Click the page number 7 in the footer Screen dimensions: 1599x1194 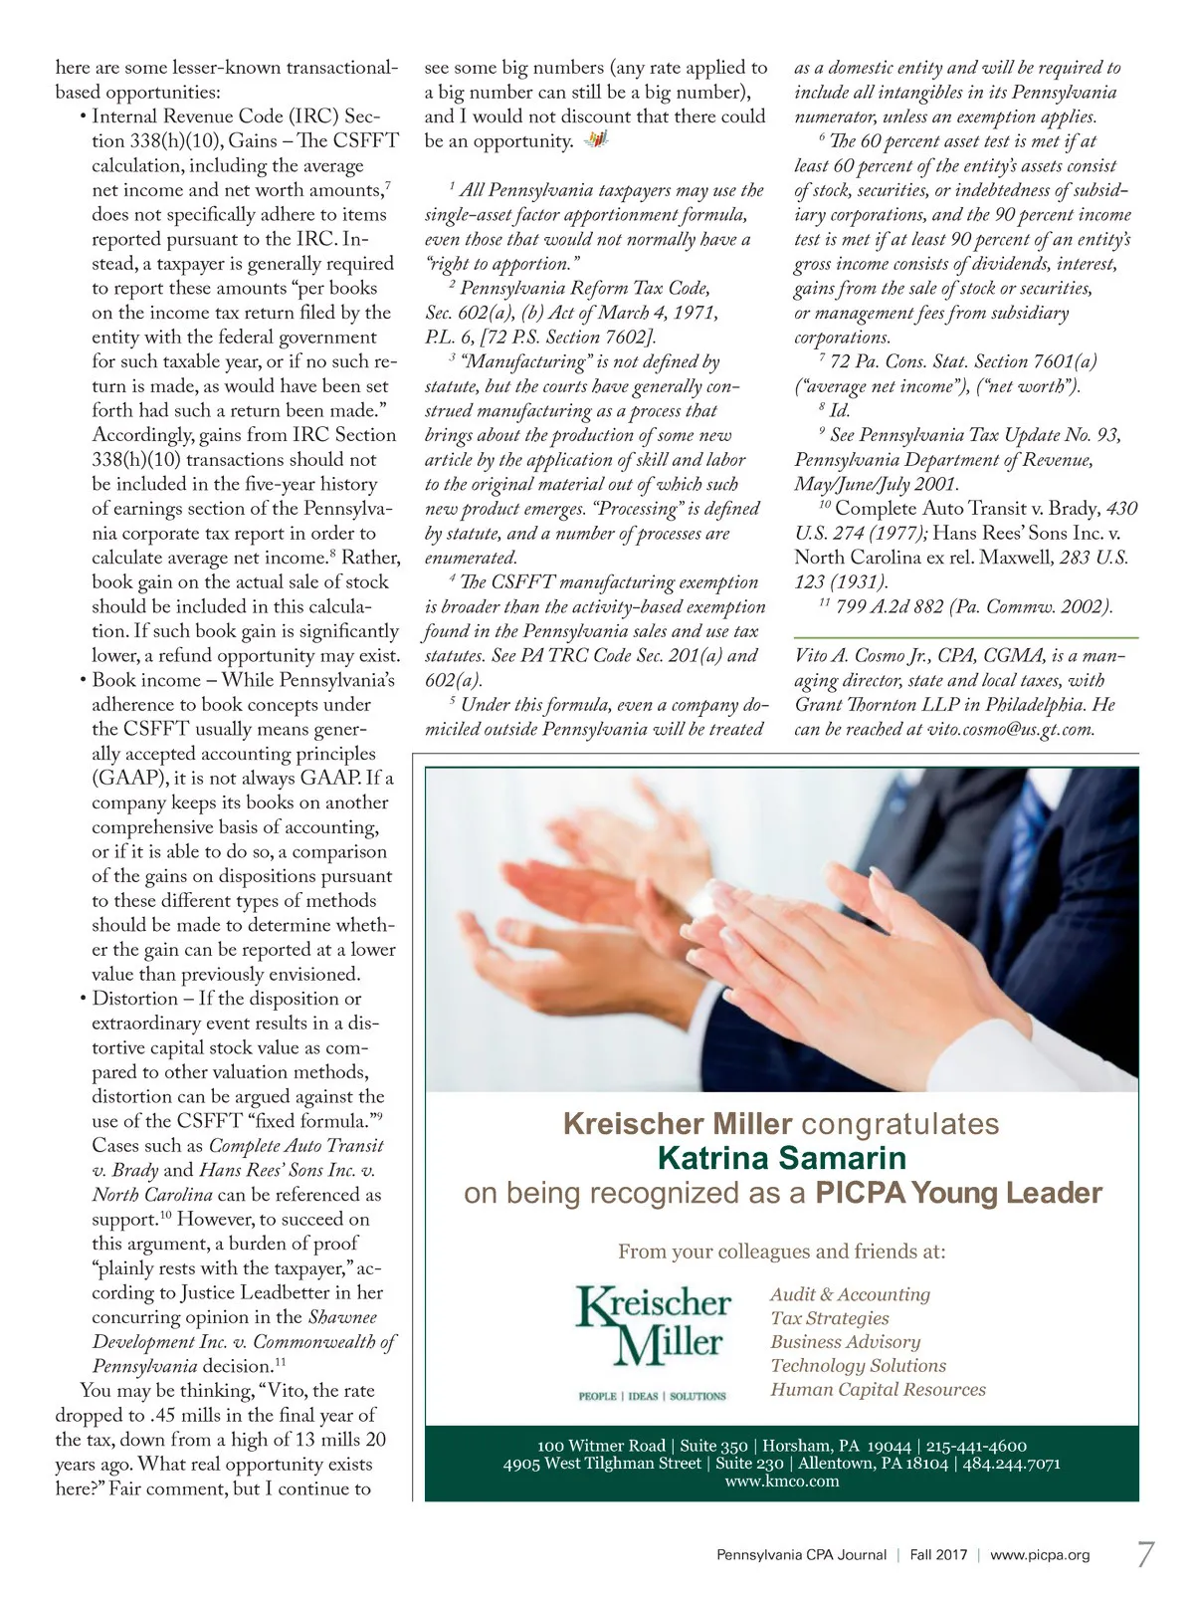1145,1553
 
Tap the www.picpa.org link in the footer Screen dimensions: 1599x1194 1040,1554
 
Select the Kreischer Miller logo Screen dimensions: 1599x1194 653,1326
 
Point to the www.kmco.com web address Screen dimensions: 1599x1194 782,1481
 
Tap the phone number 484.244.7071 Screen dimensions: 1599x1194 1012,1464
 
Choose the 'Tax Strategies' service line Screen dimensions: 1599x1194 830,1318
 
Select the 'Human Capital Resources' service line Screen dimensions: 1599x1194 878,1389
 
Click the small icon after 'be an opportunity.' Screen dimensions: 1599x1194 595,140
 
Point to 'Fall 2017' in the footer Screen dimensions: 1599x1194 938,1554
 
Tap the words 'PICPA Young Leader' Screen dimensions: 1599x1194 958,1193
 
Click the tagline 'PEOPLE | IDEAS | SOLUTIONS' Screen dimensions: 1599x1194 653,1396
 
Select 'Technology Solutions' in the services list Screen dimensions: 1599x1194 858,1365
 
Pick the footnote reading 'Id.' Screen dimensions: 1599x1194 839,410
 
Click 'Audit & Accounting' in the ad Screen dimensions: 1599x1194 850,1294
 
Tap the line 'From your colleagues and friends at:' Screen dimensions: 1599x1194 782,1252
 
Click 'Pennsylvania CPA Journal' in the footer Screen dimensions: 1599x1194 801,1554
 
